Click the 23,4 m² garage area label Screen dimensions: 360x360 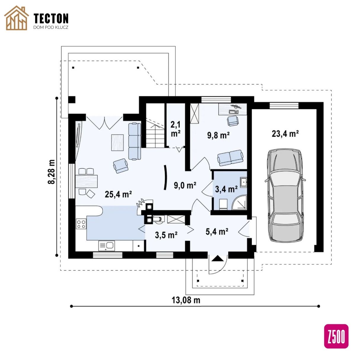point(285,134)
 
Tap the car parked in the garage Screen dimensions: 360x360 point(285,196)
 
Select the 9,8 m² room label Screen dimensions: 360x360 point(218,135)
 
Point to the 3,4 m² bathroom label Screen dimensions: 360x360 point(226,189)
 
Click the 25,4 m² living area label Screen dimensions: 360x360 point(119,194)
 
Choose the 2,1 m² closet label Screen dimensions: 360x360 point(175,129)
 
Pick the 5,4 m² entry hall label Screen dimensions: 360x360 point(217,231)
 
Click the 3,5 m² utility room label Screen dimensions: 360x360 point(166,235)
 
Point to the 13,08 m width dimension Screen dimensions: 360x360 point(186,300)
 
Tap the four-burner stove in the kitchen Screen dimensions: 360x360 point(81,224)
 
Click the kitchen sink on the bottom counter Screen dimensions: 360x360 point(106,245)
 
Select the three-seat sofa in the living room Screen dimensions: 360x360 point(135,141)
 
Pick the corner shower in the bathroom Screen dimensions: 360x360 point(239,202)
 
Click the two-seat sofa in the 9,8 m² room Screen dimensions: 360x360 point(230,158)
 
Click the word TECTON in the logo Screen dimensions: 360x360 point(51,18)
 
